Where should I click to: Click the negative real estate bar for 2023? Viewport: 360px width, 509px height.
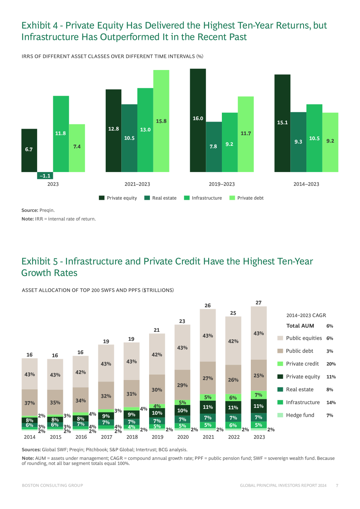[x=45, y=176]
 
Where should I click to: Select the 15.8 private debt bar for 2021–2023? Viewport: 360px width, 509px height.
[x=161, y=121]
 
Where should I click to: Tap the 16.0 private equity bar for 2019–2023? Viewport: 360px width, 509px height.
[x=198, y=120]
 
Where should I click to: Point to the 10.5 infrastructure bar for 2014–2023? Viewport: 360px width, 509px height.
[x=314, y=138]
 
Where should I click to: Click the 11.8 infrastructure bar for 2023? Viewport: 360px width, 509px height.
[x=61, y=134]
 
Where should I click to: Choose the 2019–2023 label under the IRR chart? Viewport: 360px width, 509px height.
[x=222, y=184]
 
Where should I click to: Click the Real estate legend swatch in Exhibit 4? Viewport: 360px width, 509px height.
[x=147, y=198]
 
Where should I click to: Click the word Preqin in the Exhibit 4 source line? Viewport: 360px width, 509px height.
[x=47, y=210]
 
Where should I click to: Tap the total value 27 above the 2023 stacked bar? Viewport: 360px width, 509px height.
[x=259, y=303]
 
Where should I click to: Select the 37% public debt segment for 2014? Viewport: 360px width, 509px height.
[x=30, y=403]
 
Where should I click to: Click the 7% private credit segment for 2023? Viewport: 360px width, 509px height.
[x=259, y=395]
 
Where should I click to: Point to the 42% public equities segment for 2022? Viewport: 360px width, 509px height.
[x=233, y=341]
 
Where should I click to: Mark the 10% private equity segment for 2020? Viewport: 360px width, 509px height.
[x=182, y=410]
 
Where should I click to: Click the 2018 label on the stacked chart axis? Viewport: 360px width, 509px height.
[x=132, y=437]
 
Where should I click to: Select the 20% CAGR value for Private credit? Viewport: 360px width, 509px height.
[x=331, y=364]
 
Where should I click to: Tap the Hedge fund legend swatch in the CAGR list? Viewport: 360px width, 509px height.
[x=280, y=415]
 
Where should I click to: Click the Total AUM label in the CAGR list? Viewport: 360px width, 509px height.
[x=300, y=326]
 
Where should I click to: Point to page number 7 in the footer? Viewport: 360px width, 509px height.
[x=337, y=486]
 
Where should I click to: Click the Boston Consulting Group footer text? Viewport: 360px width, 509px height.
[x=52, y=486]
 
